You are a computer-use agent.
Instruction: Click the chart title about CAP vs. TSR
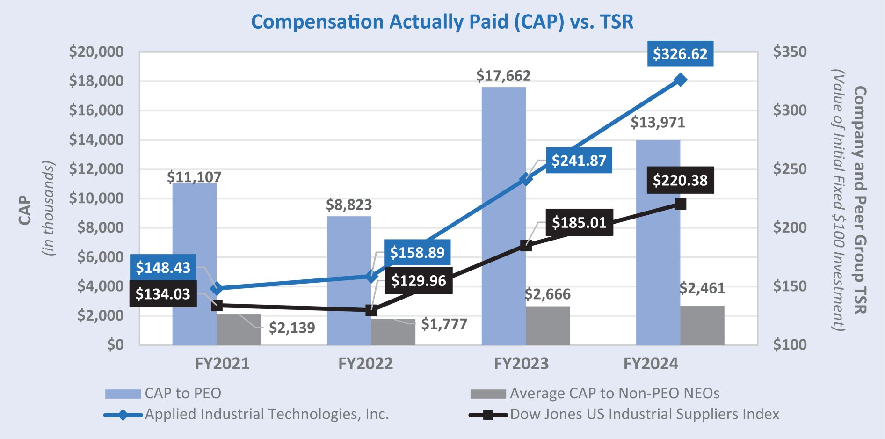442,22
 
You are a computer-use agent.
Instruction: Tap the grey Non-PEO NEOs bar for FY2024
702,326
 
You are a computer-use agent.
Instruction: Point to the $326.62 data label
680,54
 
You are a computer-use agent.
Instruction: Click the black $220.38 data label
680,180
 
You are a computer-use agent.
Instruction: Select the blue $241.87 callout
579,161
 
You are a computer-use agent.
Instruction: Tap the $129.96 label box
418,280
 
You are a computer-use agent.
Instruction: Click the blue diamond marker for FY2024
681,80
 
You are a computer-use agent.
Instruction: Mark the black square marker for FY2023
526,246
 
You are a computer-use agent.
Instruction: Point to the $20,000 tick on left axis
96,51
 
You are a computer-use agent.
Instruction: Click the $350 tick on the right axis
790,51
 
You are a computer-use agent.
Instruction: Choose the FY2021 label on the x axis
222,364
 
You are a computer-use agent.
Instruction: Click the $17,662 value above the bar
503,76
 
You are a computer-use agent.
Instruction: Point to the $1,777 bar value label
444,324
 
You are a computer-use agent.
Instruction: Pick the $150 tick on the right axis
790,286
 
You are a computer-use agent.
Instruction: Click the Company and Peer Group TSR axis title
860,200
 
